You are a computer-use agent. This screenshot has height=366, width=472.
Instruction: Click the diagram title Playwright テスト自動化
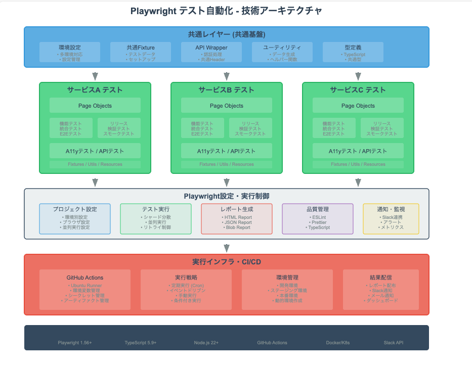point(226,11)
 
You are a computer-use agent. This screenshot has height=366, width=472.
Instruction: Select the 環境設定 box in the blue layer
point(70,52)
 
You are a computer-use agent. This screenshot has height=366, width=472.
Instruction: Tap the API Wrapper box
point(211,52)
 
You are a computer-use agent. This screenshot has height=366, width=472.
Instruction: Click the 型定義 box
point(353,52)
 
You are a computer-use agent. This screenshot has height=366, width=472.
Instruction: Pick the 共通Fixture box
point(141,52)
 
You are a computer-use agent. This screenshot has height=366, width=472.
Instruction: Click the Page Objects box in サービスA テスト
point(95,106)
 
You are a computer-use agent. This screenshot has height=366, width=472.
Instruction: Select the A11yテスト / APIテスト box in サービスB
point(227,151)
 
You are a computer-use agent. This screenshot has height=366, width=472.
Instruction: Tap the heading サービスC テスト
point(358,90)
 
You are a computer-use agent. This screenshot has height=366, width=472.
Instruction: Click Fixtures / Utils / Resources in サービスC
point(358,164)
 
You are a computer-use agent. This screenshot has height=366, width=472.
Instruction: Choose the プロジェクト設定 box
point(75,218)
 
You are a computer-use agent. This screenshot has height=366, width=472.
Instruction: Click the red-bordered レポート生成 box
point(237,218)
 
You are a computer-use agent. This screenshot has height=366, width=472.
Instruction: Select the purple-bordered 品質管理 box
point(317,218)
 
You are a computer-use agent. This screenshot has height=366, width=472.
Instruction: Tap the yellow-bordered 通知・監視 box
point(391,218)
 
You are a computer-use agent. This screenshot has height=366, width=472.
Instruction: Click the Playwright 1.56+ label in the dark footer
point(75,343)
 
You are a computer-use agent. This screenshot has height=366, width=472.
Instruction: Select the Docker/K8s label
point(337,343)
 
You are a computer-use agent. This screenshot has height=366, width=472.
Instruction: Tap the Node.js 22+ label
point(206,343)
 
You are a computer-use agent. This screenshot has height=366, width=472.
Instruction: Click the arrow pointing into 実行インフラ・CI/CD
point(227,247)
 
